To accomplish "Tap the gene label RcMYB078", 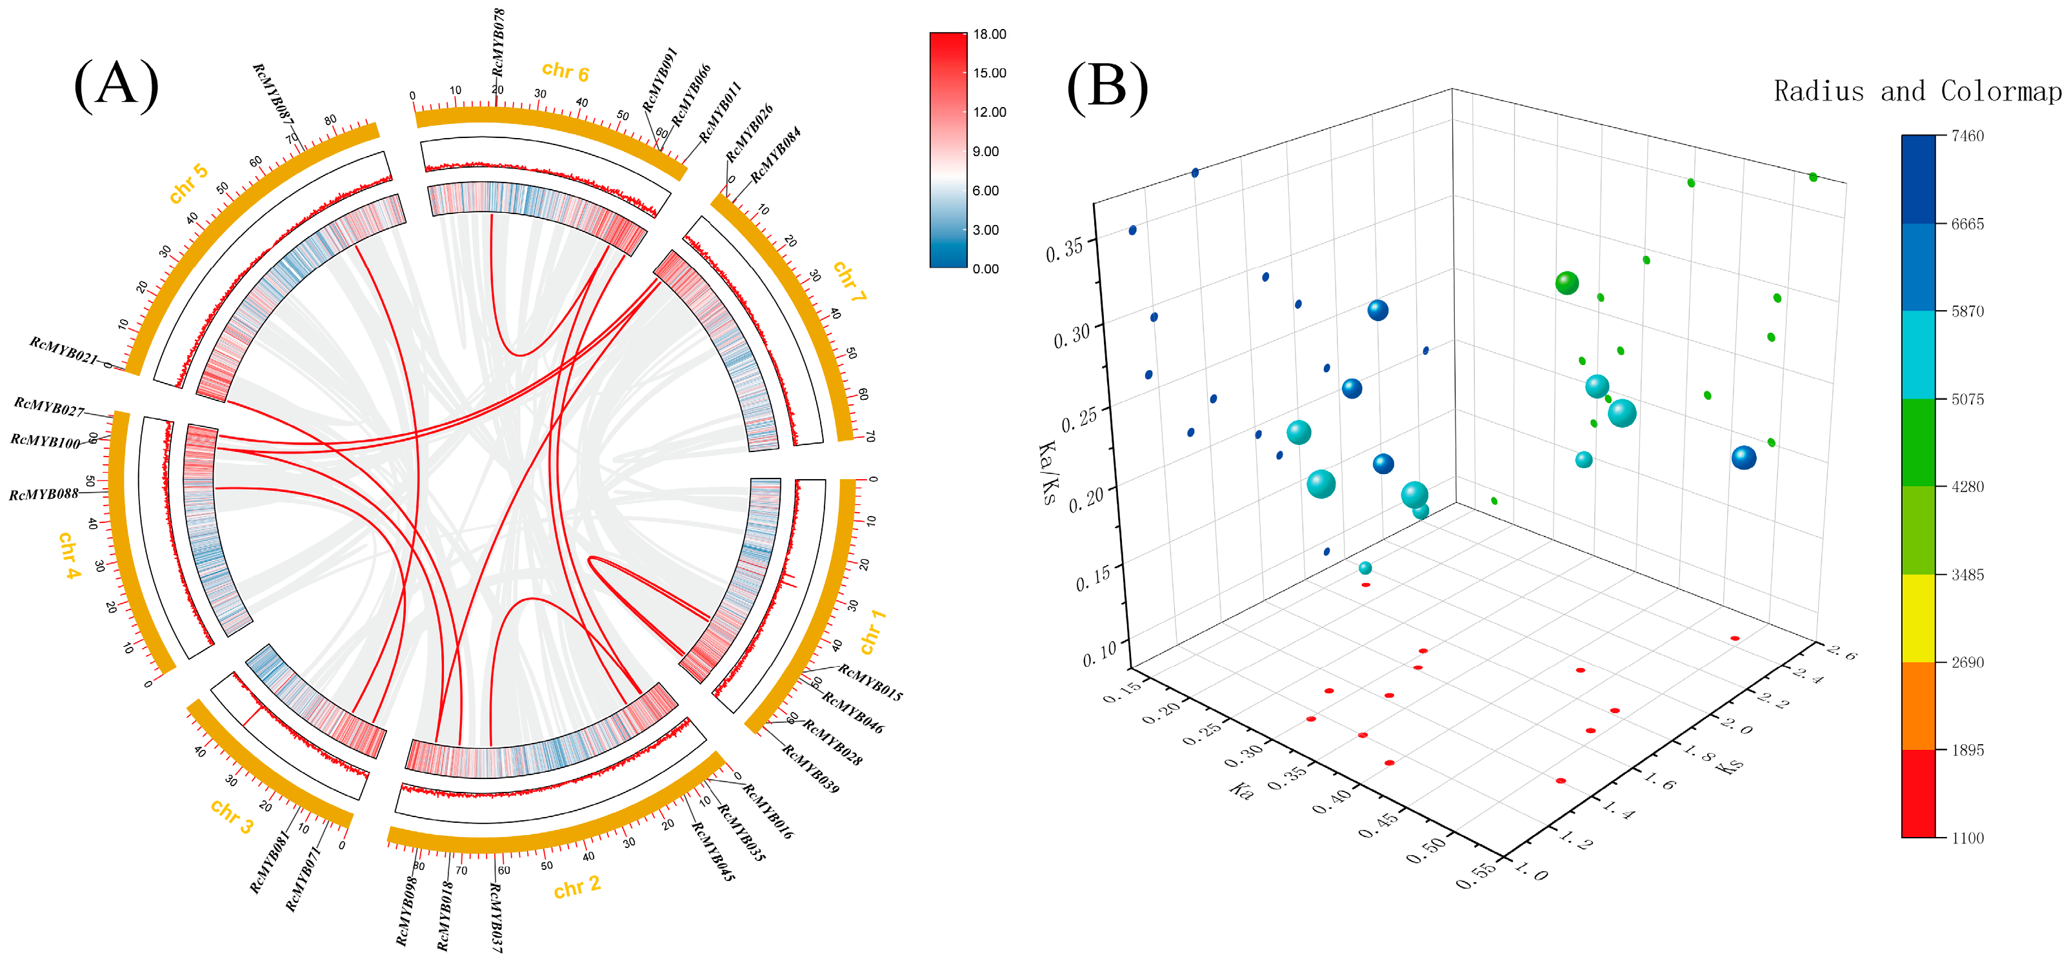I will point(499,42).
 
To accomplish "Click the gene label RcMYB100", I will point(45,441).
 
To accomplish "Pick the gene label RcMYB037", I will point(495,918).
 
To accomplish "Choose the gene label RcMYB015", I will point(870,682).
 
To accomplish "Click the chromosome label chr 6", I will point(565,72).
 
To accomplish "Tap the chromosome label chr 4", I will point(70,555).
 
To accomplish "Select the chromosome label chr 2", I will point(576,887).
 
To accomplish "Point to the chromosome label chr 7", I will point(849,281).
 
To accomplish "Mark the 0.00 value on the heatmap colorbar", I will point(986,268).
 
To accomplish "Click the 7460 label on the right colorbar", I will point(1967,136).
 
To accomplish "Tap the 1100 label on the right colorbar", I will point(1967,838).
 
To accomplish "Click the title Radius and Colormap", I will point(1917,92).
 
